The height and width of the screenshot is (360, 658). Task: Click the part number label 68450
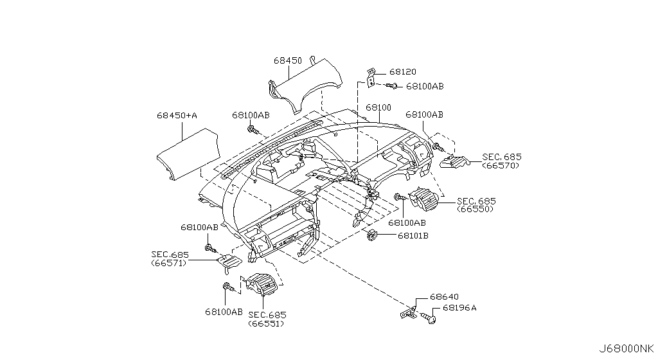point(287,60)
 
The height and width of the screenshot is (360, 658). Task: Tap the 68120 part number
point(403,73)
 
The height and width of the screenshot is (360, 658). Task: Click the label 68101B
point(413,236)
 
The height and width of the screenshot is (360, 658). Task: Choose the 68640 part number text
point(444,297)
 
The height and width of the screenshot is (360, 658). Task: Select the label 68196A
point(459,308)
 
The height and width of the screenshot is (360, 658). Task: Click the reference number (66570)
point(501,166)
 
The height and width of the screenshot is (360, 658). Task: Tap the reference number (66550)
point(476,210)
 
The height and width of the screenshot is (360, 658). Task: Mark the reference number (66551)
point(267,323)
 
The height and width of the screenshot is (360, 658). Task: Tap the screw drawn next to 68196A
point(430,316)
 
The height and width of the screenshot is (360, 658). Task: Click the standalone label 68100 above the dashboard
point(378,107)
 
